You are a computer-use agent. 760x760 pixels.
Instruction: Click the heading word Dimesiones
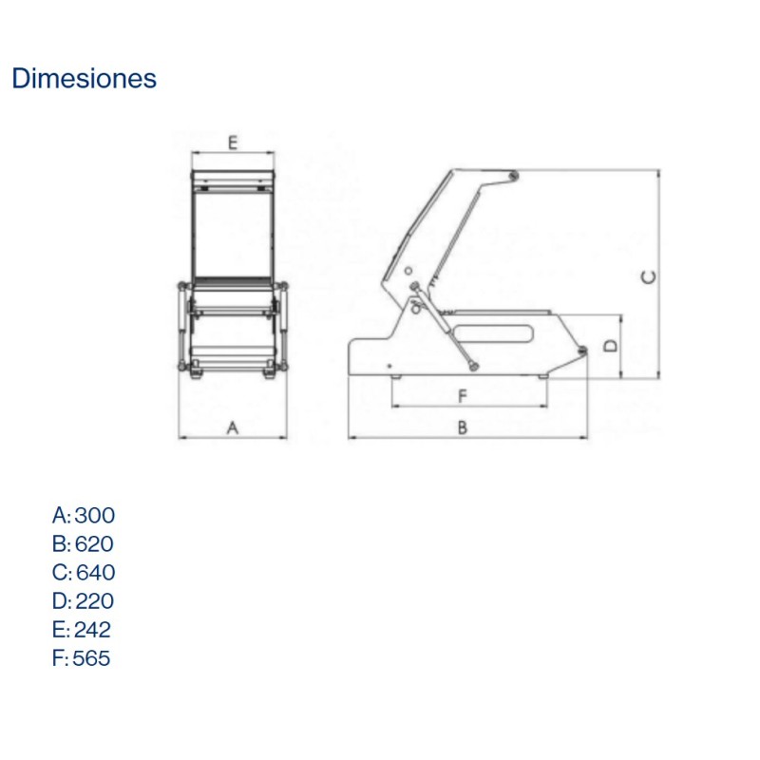click(84, 79)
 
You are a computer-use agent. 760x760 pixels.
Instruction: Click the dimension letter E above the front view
click(232, 143)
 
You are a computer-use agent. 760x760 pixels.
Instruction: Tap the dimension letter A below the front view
click(232, 428)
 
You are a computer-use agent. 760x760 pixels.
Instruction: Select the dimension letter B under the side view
click(463, 428)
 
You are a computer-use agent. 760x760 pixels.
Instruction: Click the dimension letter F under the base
click(463, 395)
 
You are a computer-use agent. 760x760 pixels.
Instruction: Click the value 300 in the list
click(94, 516)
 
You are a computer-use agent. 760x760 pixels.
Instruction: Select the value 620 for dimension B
click(94, 544)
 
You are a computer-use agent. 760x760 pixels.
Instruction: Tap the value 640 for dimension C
click(95, 573)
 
